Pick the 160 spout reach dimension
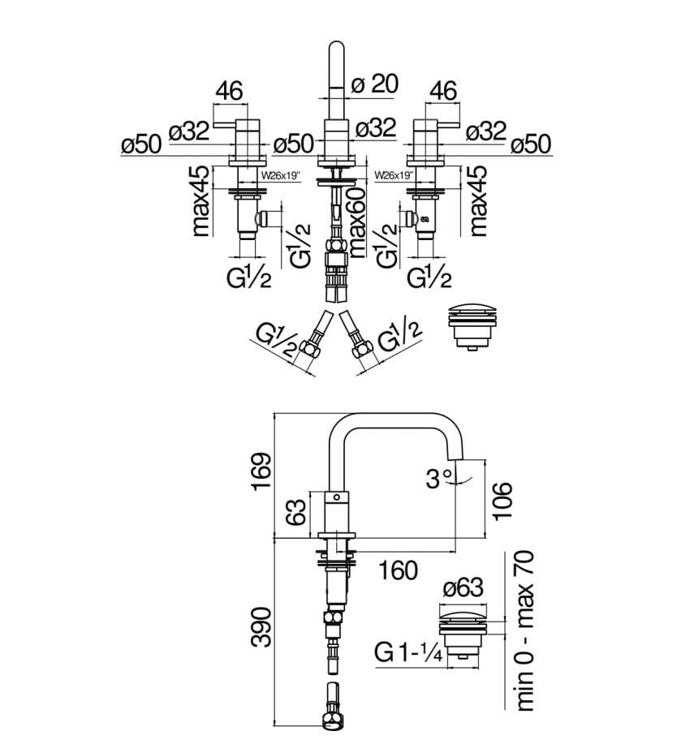398,570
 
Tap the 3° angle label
438,480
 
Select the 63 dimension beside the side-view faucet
298,512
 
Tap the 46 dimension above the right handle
443,92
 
